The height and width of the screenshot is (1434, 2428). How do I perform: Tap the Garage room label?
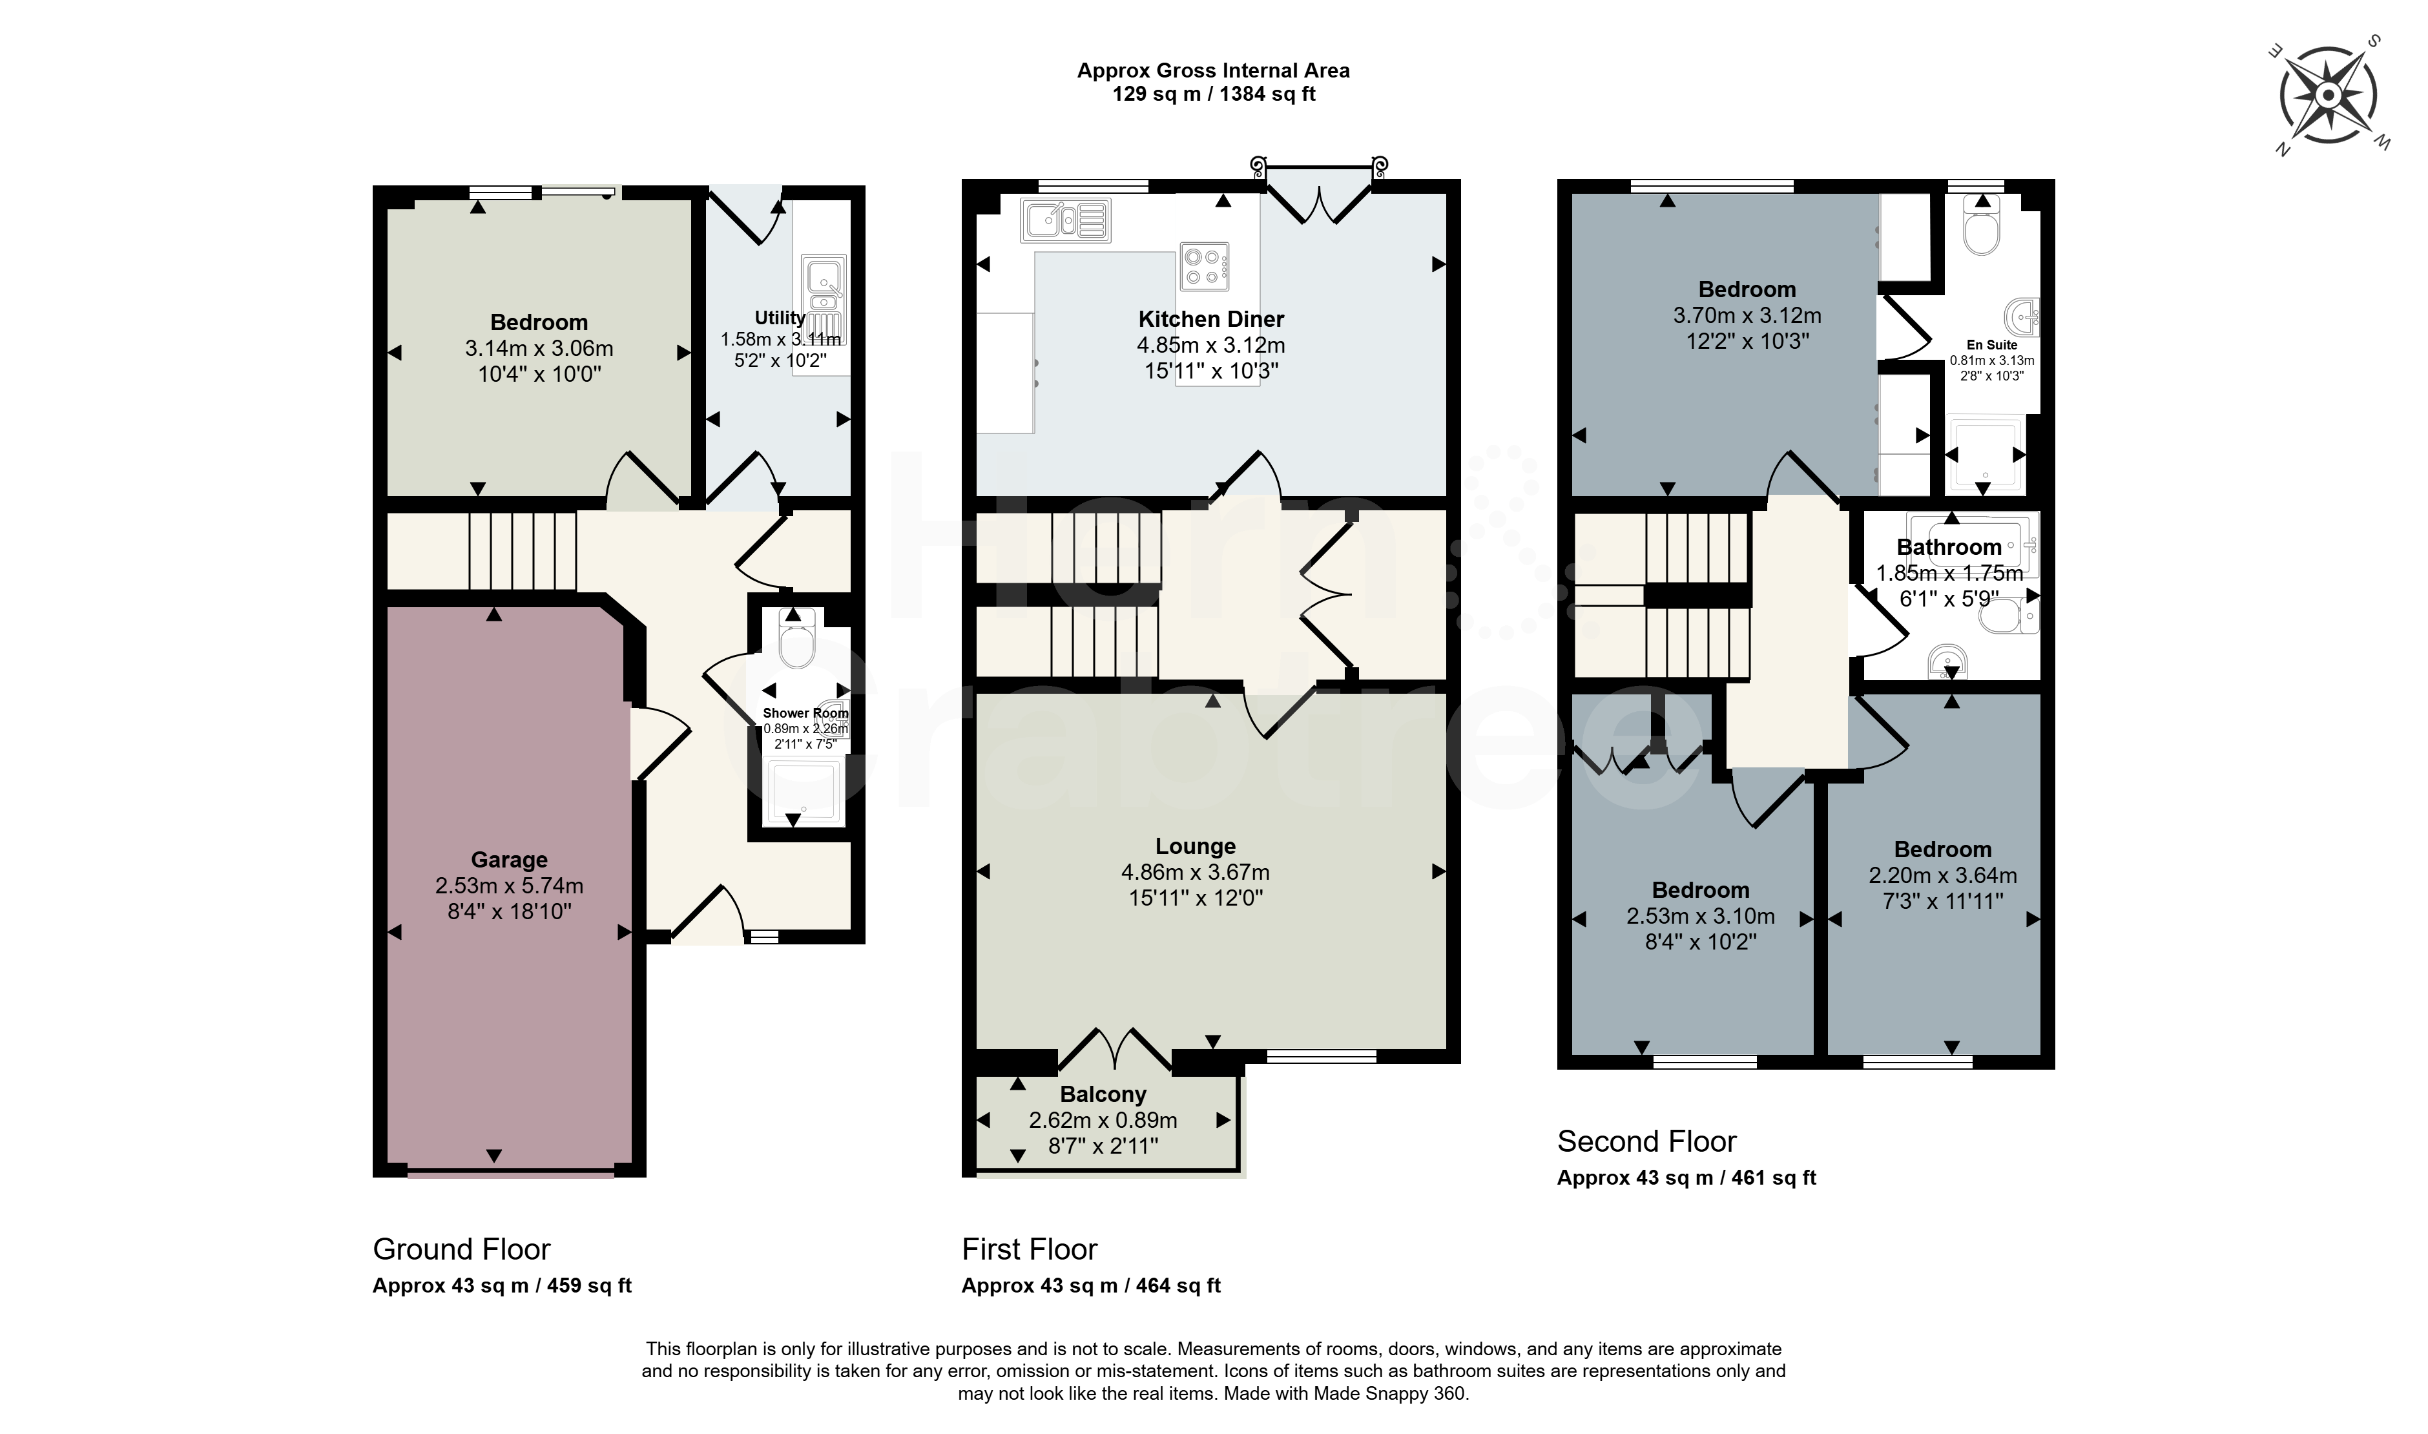pos(509,859)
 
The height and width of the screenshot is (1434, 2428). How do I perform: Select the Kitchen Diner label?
pos(1210,319)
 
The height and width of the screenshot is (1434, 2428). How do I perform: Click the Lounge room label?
pos(1195,846)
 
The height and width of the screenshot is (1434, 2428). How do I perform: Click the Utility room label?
pos(780,317)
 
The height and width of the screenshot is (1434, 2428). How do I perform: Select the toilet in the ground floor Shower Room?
pos(796,638)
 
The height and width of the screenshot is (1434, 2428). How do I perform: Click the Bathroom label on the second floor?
pos(1949,547)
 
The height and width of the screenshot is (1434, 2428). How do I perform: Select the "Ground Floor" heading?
pos(462,1249)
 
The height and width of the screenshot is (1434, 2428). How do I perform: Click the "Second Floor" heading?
pos(1646,1141)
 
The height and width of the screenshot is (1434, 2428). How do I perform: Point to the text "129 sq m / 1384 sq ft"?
pos(1214,94)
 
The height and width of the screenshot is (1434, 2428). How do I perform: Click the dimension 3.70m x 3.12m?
pos(1747,315)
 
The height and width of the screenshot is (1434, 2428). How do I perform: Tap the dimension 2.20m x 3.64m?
pos(1943,875)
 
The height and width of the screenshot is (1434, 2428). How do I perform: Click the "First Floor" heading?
pos(1030,1249)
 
